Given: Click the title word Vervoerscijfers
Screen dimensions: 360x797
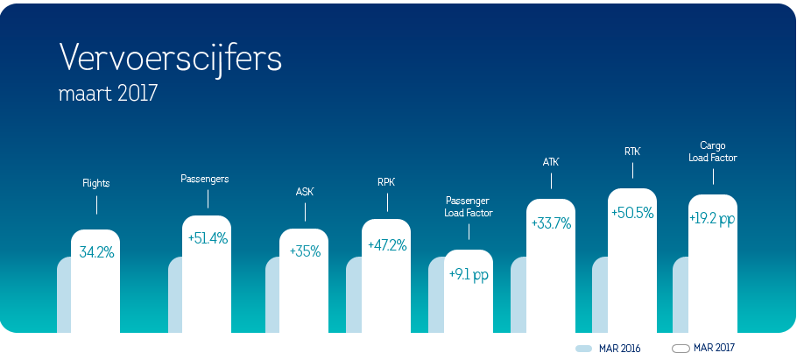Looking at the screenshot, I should coord(171,58).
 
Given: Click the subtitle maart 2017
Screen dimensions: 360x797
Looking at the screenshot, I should coord(108,93).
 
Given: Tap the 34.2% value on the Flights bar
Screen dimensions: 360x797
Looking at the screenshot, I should coord(96,252).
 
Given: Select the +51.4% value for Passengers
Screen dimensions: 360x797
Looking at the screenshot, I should coord(207,237).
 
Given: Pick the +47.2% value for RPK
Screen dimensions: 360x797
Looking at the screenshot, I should coord(386,244).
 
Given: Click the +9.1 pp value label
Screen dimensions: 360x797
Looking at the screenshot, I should coord(469,274).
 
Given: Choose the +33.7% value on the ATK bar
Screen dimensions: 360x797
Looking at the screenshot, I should coord(551,223).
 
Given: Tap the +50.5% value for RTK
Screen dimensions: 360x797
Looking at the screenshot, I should coord(632,213).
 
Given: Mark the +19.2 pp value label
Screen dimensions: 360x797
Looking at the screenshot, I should coord(712,219).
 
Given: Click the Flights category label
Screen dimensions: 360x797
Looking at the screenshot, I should coord(96,184).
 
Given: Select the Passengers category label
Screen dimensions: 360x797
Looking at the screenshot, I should coord(205,179).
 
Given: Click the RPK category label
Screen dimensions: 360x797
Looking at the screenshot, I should coord(386,183).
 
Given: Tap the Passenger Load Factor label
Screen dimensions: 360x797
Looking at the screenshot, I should coord(469,207).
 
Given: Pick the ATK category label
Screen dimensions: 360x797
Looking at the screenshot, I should coord(551,162).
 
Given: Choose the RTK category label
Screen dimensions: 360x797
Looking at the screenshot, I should coord(632,152).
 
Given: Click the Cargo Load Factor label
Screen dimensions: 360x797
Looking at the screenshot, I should coord(712,152).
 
